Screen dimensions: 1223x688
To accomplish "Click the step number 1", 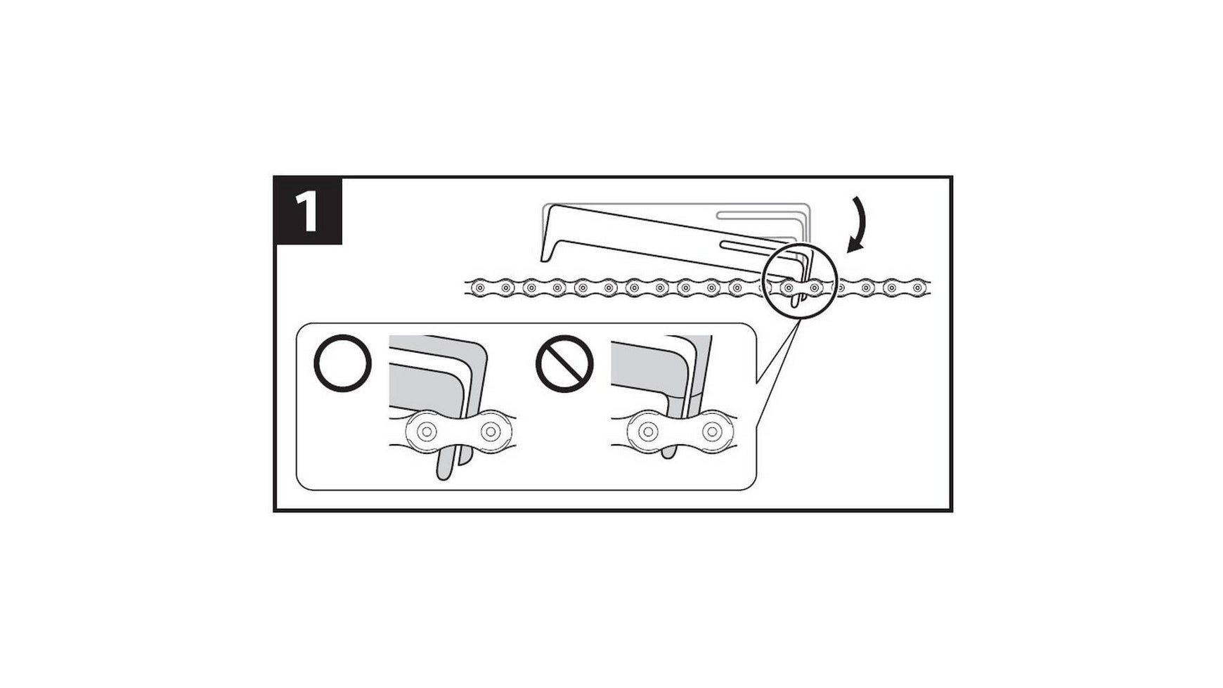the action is (x=308, y=212).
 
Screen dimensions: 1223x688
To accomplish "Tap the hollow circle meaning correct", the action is (x=342, y=363).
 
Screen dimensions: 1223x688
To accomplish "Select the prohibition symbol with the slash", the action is (x=564, y=363).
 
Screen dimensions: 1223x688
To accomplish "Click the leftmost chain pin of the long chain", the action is (x=479, y=287).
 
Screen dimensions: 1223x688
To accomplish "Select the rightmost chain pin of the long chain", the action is (x=918, y=287).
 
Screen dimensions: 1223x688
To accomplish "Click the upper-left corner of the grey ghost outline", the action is (x=544, y=205).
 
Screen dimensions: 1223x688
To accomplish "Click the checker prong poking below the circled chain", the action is (x=794, y=300).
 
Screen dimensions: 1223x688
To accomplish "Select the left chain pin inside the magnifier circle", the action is (x=788, y=287).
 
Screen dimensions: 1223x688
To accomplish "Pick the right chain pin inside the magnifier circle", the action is (x=814, y=287).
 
